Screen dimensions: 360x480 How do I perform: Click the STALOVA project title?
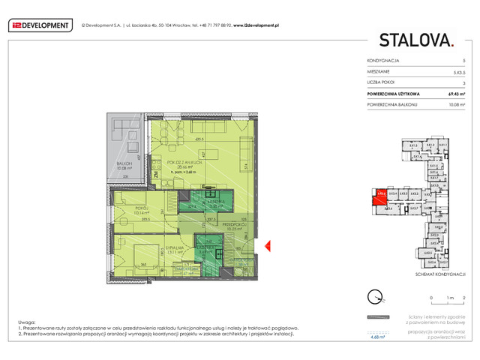point(415,40)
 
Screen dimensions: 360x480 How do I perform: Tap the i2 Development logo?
point(38,25)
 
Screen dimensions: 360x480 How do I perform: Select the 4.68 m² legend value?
point(378,337)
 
